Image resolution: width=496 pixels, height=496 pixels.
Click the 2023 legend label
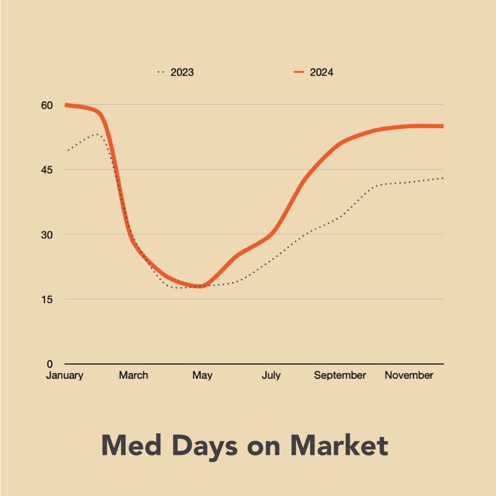pos(182,73)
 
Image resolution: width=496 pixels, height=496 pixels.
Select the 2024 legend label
pos(321,73)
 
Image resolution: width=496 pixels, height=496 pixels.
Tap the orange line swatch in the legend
pos(298,73)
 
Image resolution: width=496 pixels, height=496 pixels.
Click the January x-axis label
pos(65,375)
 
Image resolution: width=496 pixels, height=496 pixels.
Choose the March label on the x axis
pos(133,375)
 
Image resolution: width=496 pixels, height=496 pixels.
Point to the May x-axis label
pos(202,375)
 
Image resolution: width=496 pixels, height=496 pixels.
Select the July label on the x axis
pos(271,375)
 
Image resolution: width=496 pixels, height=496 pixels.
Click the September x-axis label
pos(340,375)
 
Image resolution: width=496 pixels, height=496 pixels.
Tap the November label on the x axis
pos(409,375)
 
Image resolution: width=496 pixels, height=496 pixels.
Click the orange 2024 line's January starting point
pos(66,105)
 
